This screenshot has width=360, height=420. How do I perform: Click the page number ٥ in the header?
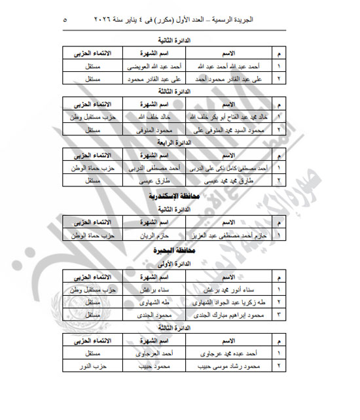click(x=63, y=20)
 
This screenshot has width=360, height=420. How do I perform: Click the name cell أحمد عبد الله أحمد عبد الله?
click(x=226, y=65)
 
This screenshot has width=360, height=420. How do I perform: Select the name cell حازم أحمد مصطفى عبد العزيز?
click(x=226, y=233)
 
